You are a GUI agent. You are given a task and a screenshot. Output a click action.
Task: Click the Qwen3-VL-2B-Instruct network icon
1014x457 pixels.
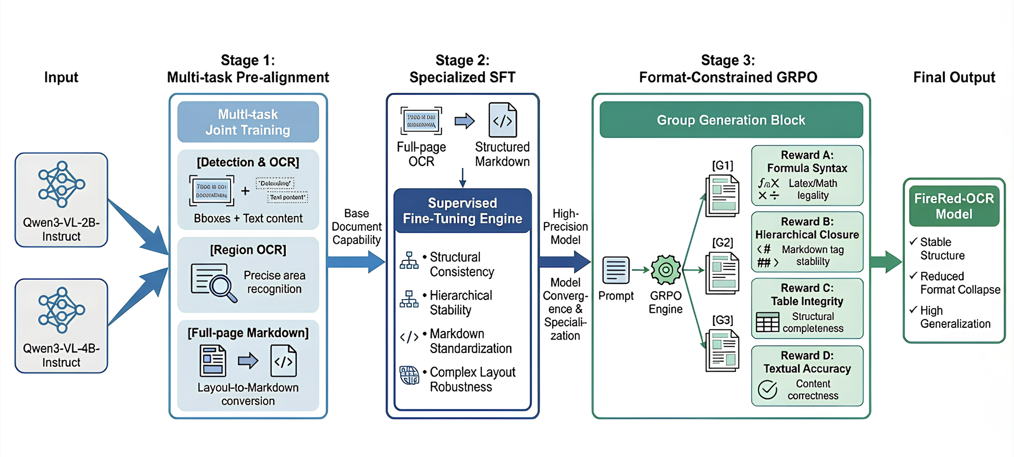click(61, 184)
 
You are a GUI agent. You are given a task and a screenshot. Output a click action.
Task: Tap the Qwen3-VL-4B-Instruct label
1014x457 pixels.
click(61, 355)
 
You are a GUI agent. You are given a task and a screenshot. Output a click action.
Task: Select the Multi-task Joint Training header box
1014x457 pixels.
click(248, 122)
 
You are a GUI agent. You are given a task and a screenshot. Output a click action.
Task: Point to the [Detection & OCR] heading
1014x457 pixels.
click(248, 162)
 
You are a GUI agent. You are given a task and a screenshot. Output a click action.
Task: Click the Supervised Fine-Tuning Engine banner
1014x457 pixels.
click(462, 211)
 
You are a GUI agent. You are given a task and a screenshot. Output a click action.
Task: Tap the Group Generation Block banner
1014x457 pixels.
click(731, 120)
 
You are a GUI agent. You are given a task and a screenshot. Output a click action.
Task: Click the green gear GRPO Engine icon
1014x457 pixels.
click(666, 270)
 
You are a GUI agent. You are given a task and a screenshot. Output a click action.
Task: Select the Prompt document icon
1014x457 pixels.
click(616, 270)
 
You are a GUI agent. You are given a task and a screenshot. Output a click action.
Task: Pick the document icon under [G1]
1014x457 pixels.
click(722, 196)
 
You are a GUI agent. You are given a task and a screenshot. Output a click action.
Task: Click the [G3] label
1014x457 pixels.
click(722, 320)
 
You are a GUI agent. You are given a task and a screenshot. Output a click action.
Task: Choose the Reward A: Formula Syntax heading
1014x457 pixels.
click(807, 161)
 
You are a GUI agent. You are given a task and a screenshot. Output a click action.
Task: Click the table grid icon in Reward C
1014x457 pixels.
click(767, 322)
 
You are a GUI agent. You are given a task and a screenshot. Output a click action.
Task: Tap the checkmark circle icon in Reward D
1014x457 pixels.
click(767, 390)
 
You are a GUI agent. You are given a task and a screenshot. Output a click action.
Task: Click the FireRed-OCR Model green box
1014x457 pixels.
click(954, 206)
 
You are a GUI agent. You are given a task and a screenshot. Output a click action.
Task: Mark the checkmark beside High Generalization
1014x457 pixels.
click(913, 310)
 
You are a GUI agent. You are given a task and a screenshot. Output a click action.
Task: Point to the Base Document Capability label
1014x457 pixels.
click(357, 226)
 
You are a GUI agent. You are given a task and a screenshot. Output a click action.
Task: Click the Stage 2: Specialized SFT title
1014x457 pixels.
click(462, 69)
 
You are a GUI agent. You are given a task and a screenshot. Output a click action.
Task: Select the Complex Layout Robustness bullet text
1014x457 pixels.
click(472, 379)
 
